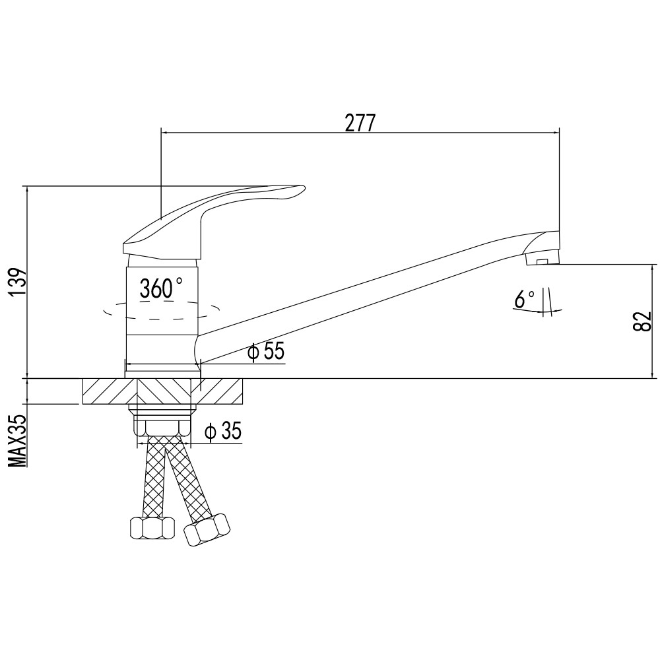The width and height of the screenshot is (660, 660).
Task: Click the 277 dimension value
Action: click(360, 123)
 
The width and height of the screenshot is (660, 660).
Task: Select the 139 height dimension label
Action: click(19, 282)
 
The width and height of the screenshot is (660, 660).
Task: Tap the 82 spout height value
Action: click(642, 321)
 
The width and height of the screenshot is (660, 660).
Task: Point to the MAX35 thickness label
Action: click(17, 440)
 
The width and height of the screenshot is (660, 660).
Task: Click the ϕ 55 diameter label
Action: click(266, 351)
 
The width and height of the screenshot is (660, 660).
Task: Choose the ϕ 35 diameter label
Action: click(223, 432)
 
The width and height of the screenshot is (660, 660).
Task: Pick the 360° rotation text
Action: click(161, 288)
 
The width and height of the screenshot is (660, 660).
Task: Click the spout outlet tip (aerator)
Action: click(543, 249)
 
